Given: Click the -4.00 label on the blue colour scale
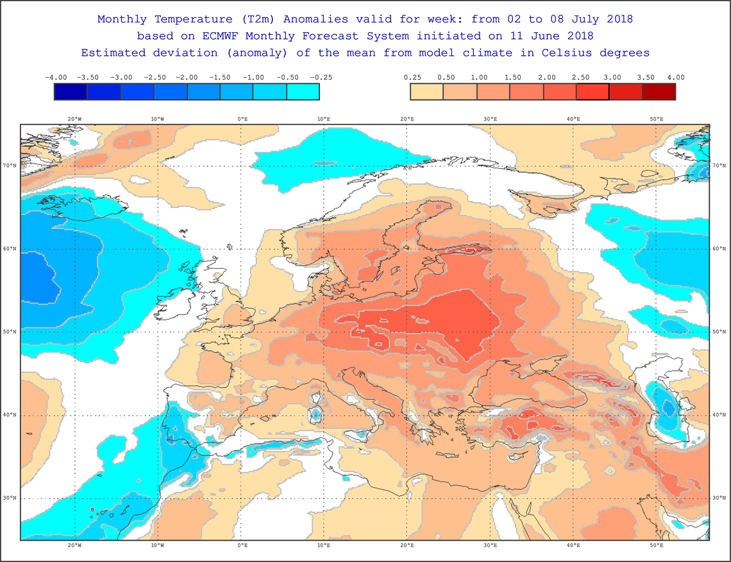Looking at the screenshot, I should (x=56, y=78).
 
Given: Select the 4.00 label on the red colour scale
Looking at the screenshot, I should (x=675, y=78).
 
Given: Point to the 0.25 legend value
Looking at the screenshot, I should (x=411, y=78).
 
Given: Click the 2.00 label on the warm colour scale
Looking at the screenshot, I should (x=546, y=78).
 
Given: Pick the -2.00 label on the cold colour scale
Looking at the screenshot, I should (x=188, y=78).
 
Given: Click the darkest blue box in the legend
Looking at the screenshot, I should (x=71, y=92).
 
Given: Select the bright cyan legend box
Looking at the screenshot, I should (x=303, y=92).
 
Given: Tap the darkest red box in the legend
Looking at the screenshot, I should (x=659, y=92).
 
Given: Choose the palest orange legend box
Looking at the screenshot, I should (x=427, y=92).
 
